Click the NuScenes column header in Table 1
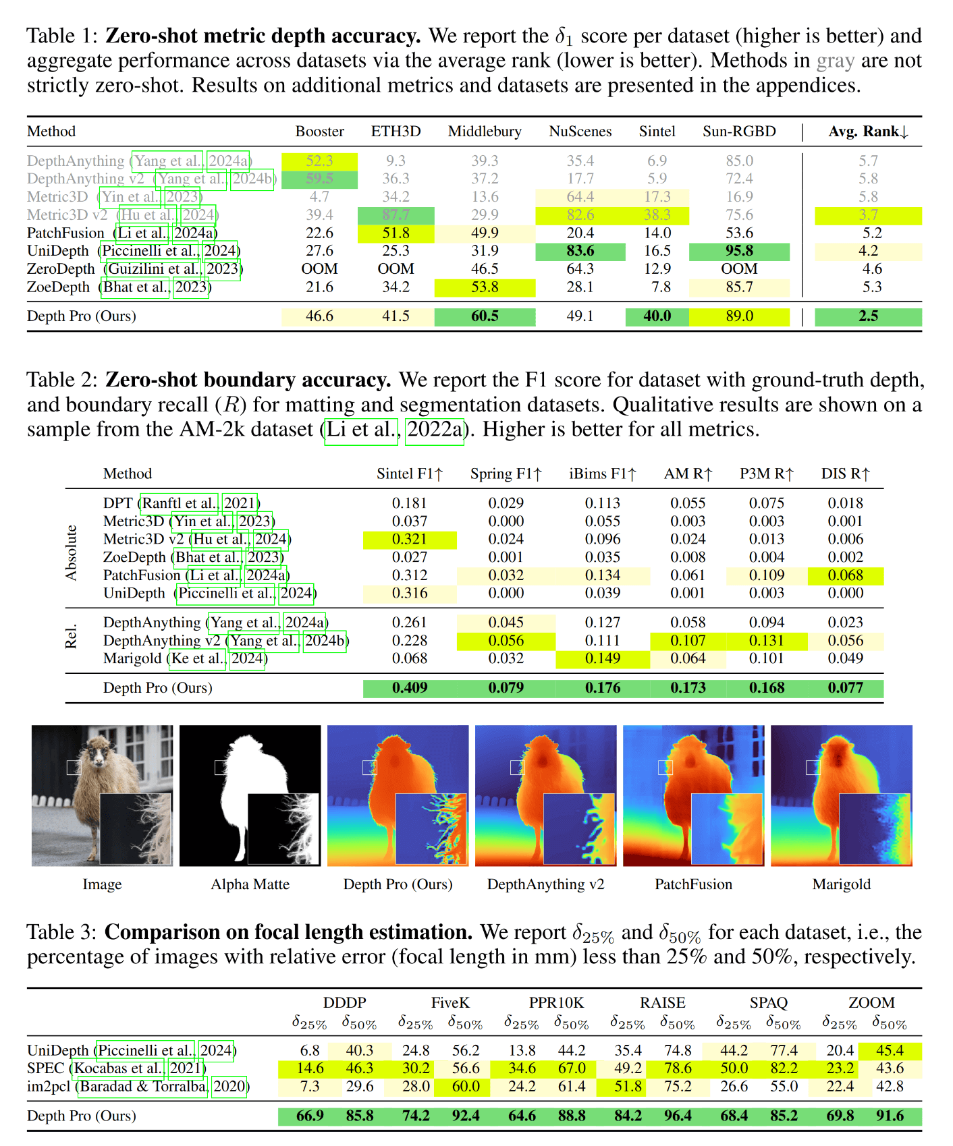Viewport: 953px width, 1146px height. [580, 132]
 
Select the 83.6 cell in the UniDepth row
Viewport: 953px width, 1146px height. [580, 251]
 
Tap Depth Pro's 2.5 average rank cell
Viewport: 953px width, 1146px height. [868, 316]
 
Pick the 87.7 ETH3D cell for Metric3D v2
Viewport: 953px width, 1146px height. [396, 215]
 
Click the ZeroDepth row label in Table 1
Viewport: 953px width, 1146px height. [61, 269]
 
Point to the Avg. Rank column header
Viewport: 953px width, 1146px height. [868, 132]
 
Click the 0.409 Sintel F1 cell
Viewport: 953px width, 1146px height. [410, 688]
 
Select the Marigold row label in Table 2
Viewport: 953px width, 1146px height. [132, 658]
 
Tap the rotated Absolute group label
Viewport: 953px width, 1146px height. [71, 552]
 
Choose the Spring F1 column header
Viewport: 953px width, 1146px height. [506, 474]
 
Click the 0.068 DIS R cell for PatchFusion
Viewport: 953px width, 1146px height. [845, 575]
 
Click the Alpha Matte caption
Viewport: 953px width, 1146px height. [250, 884]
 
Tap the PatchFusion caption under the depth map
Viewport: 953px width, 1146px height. [693, 884]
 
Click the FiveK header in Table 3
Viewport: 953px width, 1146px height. [450, 1003]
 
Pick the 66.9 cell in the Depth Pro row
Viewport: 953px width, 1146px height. [310, 1116]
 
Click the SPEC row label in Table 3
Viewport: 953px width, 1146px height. [45, 1068]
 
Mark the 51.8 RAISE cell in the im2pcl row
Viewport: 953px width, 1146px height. [628, 1087]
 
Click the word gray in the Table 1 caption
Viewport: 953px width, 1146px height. [836, 61]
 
